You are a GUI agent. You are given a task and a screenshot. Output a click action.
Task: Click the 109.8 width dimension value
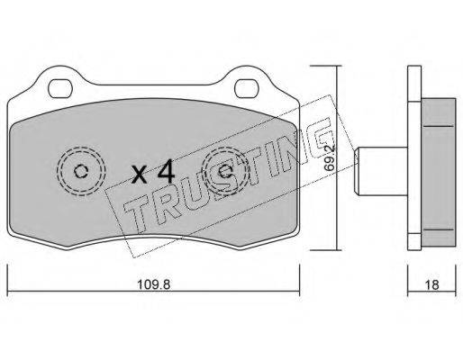click(153, 284)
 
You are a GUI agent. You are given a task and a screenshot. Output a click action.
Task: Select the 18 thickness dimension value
click(431, 285)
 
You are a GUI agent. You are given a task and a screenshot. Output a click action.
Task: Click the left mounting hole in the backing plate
click(60, 88)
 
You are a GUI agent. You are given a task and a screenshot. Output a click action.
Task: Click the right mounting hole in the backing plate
click(247, 88)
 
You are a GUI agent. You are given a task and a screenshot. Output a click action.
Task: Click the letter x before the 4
click(140, 175)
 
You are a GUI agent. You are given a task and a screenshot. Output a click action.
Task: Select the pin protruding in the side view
click(381, 171)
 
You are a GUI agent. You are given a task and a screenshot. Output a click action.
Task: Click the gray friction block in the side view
click(439, 173)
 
